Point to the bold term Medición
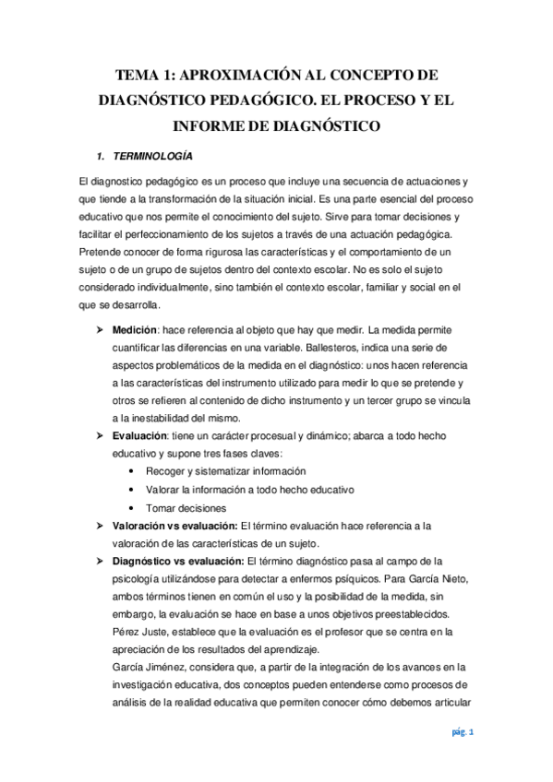(133, 329)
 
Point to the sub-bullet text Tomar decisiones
(186, 507)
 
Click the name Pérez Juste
(139, 631)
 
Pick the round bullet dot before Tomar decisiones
(136, 507)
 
